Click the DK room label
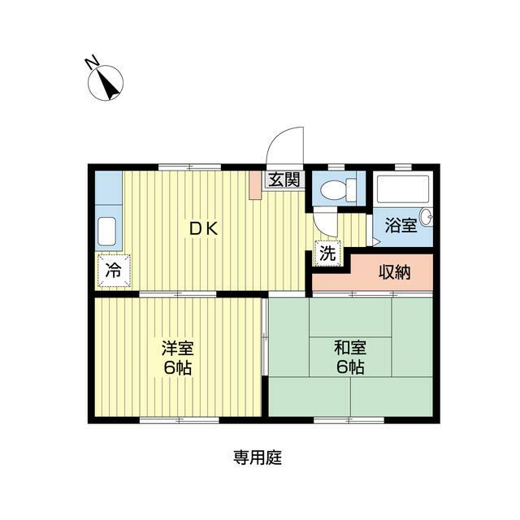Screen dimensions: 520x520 204,229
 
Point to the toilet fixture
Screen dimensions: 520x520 336,191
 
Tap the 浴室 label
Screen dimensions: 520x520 400,225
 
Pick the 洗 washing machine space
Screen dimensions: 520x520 326,253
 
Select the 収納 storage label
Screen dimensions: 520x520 395,272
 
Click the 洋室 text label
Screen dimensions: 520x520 176,349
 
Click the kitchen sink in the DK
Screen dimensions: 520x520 107,233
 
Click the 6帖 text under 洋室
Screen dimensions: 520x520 176,367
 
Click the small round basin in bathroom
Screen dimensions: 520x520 427,217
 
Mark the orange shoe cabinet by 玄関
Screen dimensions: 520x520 255,184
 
